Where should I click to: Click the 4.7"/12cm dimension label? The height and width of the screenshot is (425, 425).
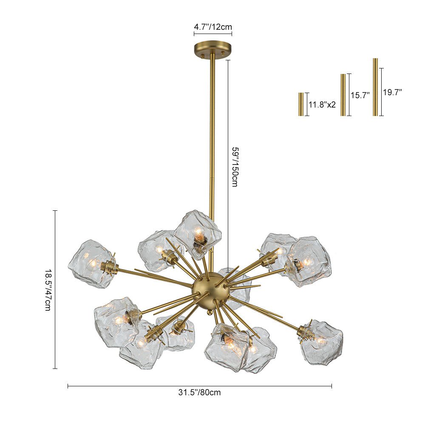click(213, 27)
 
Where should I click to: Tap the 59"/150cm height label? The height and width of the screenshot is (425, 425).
click(235, 167)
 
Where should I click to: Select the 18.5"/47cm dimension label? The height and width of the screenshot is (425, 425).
click(48, 289)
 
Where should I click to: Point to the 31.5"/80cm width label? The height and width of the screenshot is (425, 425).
click(199, 392)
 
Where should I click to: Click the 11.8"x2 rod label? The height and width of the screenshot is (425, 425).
click(322, 105)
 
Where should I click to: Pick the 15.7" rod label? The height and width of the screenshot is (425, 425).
click(360, 95)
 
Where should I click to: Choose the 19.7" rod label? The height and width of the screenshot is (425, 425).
click(392, 92)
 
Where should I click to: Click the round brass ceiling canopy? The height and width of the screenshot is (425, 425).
click(213, 49)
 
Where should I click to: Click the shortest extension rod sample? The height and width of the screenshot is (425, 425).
click(301, 105)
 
